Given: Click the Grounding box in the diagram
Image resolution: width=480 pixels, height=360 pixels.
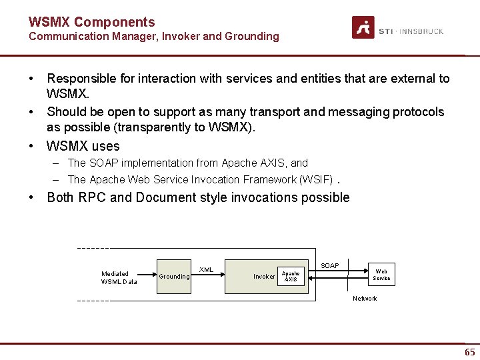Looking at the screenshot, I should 173,276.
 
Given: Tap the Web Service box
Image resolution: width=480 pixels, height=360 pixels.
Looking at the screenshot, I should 381,275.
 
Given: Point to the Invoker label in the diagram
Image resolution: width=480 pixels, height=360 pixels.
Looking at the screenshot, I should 264,277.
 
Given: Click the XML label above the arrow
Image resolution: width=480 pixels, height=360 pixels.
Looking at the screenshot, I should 207,270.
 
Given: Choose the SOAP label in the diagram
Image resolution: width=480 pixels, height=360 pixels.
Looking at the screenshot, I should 329,266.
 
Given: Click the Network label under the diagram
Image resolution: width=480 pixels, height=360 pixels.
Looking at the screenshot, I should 365,299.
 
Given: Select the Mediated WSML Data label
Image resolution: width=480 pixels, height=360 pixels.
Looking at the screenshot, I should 119,277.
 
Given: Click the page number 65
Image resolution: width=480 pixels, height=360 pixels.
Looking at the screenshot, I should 469,352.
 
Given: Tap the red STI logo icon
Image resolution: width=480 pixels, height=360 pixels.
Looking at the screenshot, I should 363,28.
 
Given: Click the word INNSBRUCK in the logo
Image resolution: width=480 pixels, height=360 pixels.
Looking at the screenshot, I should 421,31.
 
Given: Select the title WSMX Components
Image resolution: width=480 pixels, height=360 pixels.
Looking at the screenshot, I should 91,22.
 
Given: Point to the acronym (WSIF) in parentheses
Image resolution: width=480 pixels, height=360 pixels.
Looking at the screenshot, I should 316,179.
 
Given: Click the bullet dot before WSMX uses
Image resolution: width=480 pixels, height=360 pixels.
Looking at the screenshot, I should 31,146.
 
